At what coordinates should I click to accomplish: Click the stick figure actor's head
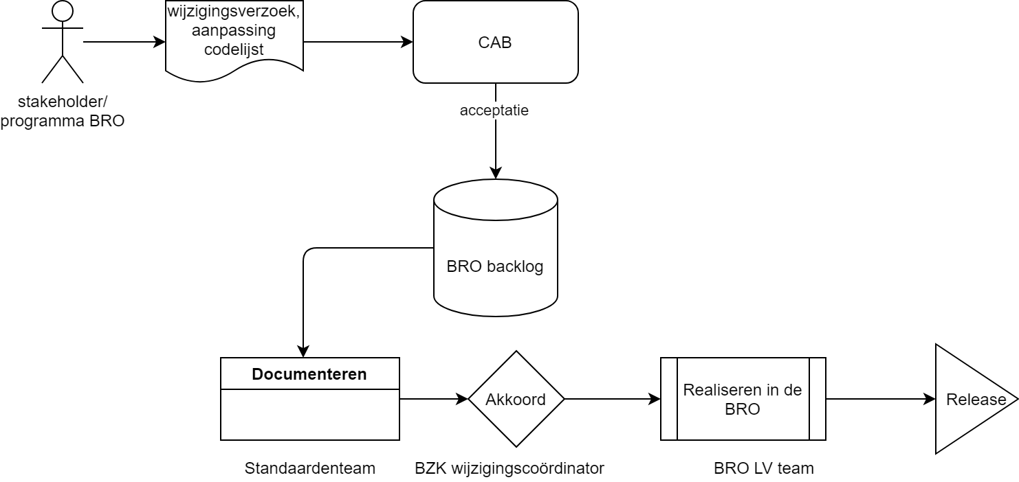(x=63, y=11)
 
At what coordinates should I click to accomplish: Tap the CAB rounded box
(x=495, y=43)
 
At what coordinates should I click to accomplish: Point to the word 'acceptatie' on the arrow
(x=495, y=111)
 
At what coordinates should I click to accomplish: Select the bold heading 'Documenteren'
(x=309, y=374)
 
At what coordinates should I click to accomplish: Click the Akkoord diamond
(x=516, y=399)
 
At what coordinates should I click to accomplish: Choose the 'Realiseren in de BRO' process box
(x=743, y=399)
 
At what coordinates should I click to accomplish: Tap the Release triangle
(x=969, y=399)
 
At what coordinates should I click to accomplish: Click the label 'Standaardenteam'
(x=310, y=468)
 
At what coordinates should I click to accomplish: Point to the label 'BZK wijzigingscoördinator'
(x=509, y=468)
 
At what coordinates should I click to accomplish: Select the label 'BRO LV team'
(x=763, y=468)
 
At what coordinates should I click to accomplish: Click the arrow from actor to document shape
(x=124, y=42)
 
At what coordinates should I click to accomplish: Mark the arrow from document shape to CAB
(x=358, y=42)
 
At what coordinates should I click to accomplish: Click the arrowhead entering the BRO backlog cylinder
(x=495, y=172)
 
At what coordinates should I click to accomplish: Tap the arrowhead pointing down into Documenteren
(x=303, y=351)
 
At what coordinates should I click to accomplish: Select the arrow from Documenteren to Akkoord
(x=433, y=399)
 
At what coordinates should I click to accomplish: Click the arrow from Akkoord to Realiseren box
(x=612, y=399)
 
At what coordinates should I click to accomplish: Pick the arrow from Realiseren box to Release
(x=880, y=399)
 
